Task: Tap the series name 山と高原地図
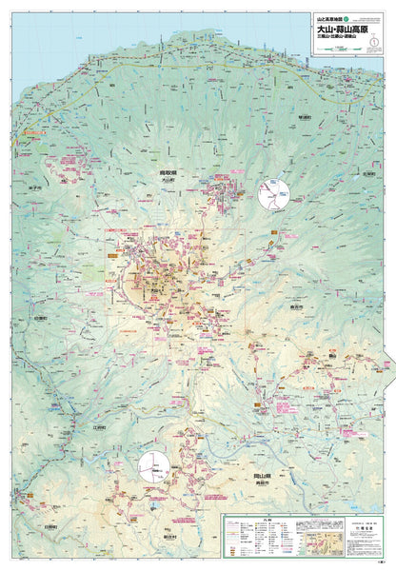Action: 327,17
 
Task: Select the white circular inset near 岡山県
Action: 154,467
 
